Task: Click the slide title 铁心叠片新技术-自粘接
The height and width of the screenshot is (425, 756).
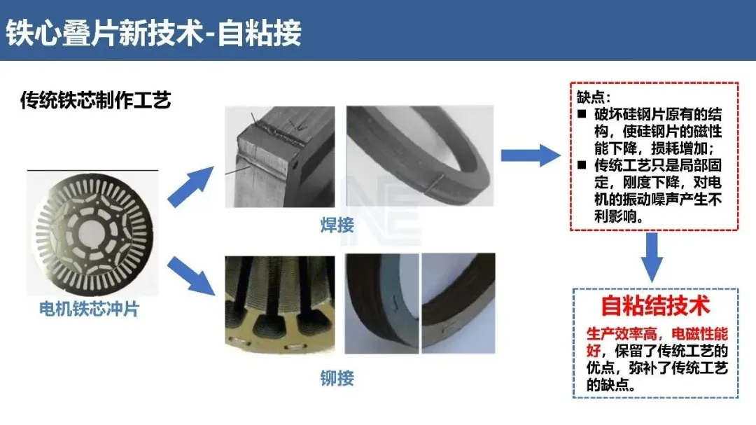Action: coord(154,32)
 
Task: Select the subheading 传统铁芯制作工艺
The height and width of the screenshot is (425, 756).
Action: coord(95,100)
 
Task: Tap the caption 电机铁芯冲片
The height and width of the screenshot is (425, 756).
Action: coord(89,308)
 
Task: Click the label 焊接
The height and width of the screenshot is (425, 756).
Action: coord(337,225)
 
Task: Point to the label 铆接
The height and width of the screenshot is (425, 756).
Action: coord(337,379)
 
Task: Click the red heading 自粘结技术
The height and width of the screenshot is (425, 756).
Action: coord(655,305)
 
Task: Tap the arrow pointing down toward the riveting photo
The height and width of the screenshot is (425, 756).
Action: coord(190,274)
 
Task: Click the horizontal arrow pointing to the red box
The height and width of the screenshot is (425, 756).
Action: coord(530,156)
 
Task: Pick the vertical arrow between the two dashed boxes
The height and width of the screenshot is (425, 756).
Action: coord(652,256)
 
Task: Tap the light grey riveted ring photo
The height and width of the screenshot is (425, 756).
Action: coord(381,302)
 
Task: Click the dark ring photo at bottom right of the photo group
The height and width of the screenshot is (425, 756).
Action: coord(458,302)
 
